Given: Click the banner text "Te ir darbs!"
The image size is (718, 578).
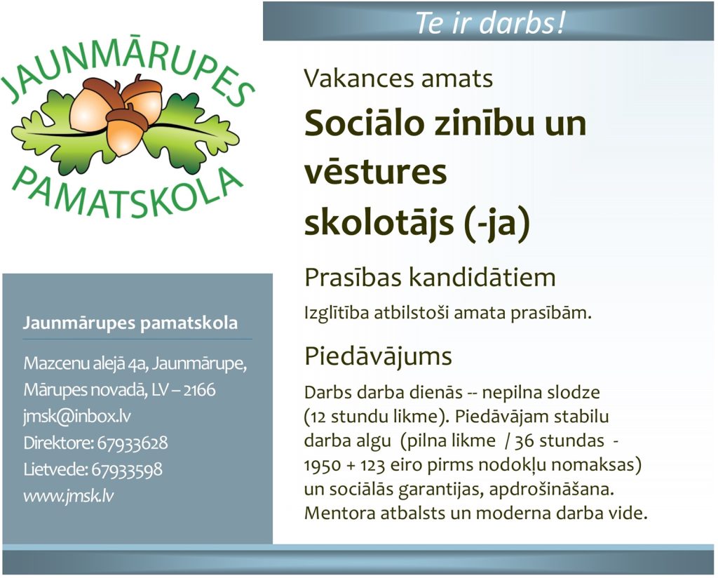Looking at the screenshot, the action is tap(490, 22).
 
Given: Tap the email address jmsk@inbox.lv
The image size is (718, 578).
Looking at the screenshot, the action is tap(77, 417).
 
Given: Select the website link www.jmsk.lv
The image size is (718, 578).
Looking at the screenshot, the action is tap(69, 496).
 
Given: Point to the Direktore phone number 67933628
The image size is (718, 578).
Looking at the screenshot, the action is tap(133, 443).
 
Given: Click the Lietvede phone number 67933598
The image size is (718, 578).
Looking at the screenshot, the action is tap(127, 469).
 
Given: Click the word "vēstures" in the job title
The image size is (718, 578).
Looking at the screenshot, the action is tap(376, 173).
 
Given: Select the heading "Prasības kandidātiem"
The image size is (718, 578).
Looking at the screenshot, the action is tap(430, 277).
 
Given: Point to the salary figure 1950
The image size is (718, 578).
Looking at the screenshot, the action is tap(323, 465).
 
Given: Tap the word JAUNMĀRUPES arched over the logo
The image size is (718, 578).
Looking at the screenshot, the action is tap(128, 69).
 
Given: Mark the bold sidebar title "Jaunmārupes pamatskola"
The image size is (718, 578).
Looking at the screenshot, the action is tap(130, 323).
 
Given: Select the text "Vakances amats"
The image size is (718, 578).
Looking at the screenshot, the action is tap(398, 79).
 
